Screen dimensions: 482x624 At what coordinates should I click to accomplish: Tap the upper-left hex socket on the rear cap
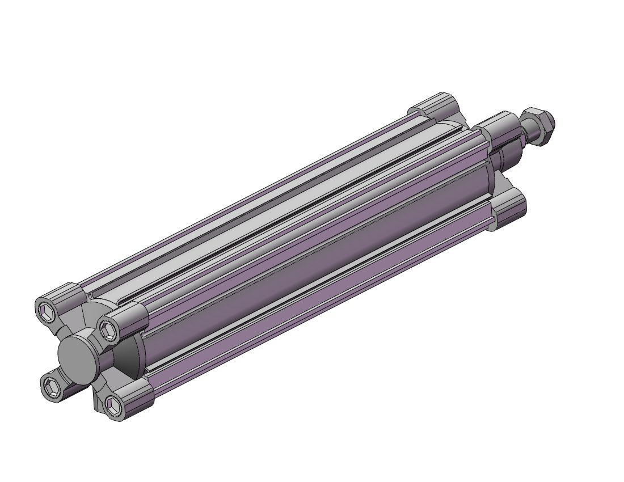(x=46, y=309)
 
